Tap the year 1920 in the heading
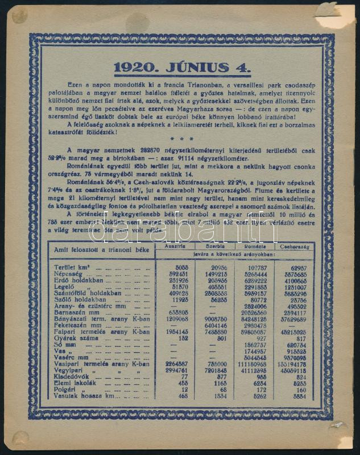point(134,68)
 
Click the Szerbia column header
point(215,246)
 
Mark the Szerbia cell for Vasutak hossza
point(218,396)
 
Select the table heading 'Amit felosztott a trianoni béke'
point(94,250)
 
